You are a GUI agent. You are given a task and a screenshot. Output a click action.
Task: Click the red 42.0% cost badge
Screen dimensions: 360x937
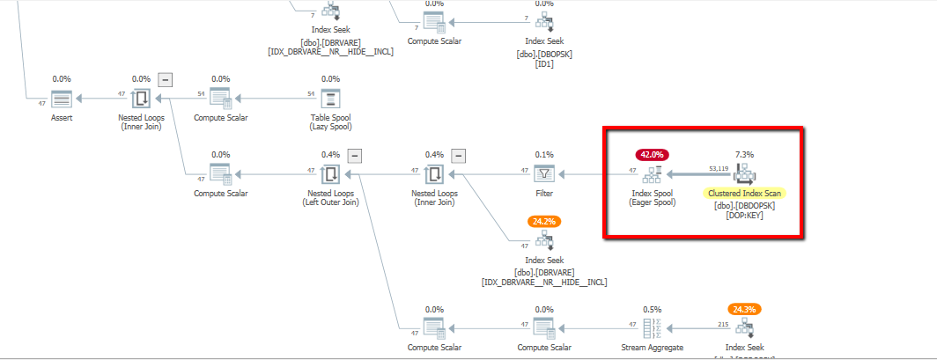click(653, 153)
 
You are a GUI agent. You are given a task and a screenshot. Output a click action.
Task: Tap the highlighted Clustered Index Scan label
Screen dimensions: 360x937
click(745, 193)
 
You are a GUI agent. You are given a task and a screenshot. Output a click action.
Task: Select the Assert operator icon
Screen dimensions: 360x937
click(61, 99)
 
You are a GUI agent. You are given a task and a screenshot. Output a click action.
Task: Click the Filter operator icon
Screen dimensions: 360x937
click(545, 173)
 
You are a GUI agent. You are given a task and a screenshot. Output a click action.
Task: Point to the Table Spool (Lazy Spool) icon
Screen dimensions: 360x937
click(330, 99)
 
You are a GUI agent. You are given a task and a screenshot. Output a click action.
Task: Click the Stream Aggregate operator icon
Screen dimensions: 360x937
click(652, 328)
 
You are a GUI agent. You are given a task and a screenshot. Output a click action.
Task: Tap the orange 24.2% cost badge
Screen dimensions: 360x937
click(544, 221)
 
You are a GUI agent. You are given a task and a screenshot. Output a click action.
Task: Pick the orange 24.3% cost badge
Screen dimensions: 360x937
click(745, 309)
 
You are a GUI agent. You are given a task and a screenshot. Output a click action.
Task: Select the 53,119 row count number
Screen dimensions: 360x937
click(719, 167)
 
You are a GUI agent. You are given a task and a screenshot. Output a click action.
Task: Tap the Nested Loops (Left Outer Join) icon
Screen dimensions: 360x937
click(330, 173)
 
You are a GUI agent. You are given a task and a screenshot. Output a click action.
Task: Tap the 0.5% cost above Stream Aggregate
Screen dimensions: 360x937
click(652, 309)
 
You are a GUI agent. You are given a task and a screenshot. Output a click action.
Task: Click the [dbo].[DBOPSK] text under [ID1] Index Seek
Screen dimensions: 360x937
click(544, 53)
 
